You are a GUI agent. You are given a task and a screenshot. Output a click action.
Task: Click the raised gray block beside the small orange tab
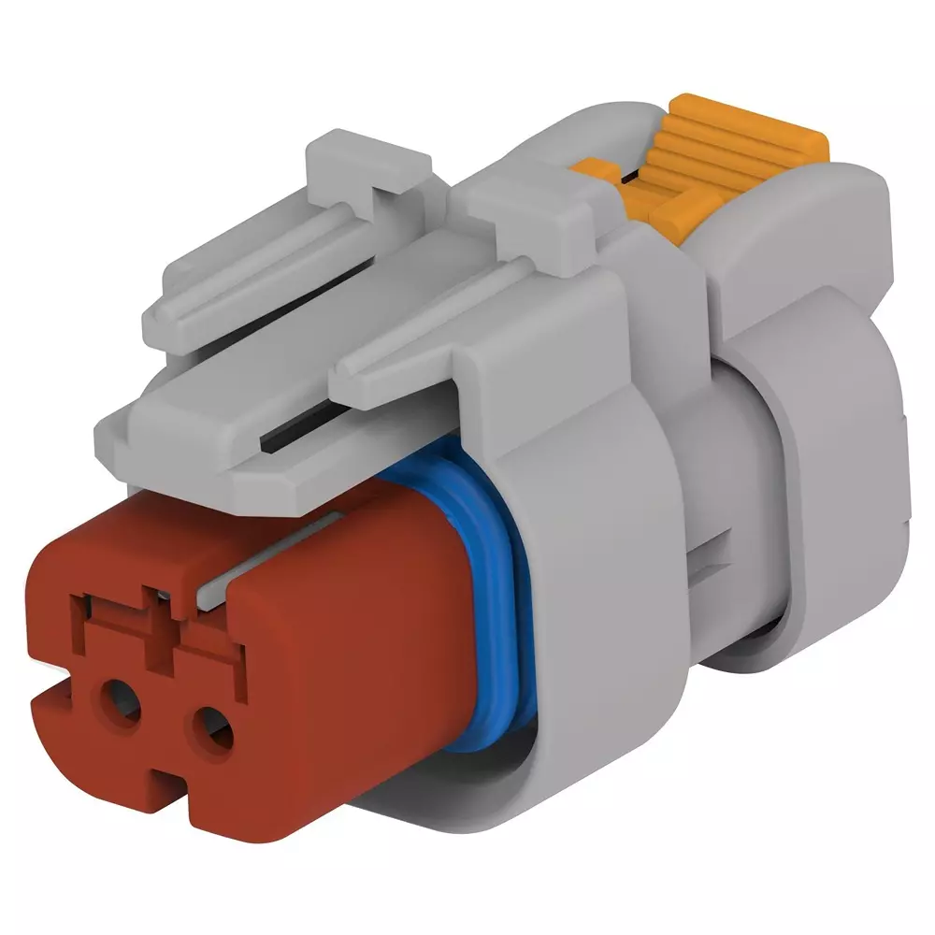click(524, 196)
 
